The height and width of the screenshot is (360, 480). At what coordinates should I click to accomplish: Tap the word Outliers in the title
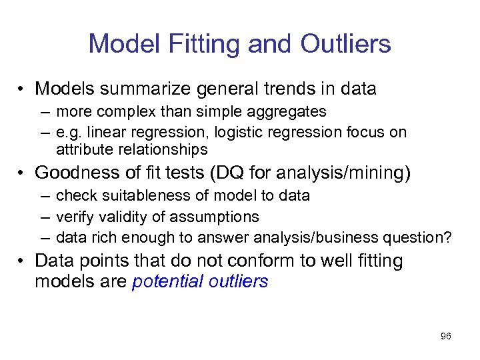(345, 44)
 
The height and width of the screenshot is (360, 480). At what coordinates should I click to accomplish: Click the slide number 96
(445, 336)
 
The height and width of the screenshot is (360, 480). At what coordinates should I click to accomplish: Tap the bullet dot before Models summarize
(22, 89)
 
